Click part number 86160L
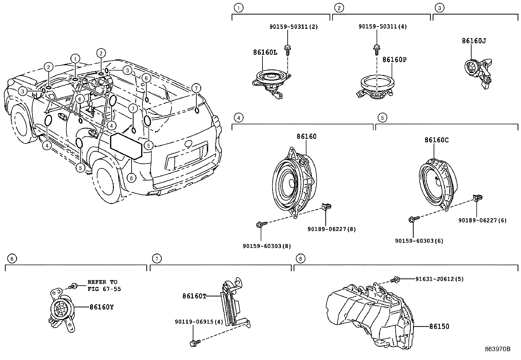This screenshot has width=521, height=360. point(265,52)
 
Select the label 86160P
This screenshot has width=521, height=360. point(394,60)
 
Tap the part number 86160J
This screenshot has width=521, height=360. point(474,41)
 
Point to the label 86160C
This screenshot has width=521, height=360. point(437,140)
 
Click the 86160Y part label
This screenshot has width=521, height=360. point(103,307)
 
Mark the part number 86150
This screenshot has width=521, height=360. point(439,327)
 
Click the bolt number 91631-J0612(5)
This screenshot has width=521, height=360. point(439,279)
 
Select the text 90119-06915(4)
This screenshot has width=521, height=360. point(199,322)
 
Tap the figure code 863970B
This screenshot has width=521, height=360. point(497,349)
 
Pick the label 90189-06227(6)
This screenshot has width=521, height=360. point(482,220)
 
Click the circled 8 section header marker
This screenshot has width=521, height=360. point(300,259)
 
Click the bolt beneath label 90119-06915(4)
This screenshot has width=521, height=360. point(194,343)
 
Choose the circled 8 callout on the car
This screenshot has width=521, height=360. point(131,178)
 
